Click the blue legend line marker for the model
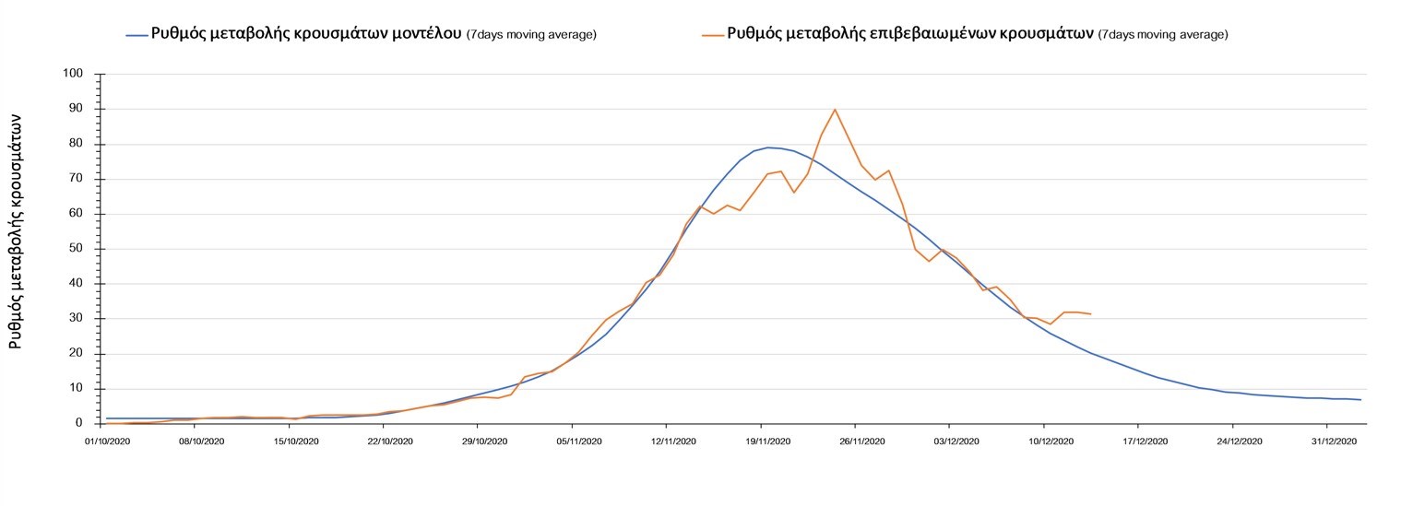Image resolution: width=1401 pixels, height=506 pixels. [x=137, y=35]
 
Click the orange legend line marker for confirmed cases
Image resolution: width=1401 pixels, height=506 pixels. [x=713, y=35]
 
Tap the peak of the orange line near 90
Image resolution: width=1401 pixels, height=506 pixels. [x=835, y=110]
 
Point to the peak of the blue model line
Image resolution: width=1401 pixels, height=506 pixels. [x=767, y=147]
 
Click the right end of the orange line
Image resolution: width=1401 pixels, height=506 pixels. [x=1090, y=314]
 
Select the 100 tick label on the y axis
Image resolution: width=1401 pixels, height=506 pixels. [x=74, y=74]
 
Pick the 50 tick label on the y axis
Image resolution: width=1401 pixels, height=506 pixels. [x=77, y=249]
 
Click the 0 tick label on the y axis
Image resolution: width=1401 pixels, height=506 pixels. [x=80, y=424]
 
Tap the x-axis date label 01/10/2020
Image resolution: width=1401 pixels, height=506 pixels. [x=106, y=441]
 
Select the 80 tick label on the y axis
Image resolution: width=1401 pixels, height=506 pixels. [x=77, y=144]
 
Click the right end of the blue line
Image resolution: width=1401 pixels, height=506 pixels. [x=1360, y=400]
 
